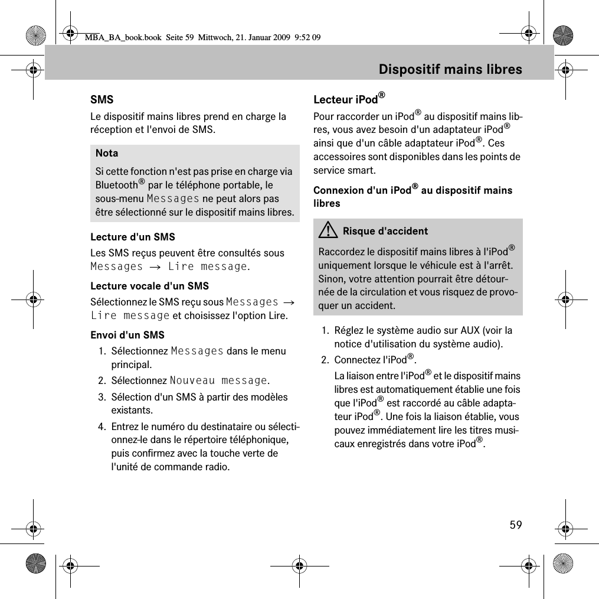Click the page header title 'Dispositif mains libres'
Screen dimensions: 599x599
[450, 69]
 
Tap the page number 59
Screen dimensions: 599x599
[515, 525]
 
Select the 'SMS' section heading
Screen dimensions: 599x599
[102, 100]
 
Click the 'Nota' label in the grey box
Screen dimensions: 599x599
[107, 153]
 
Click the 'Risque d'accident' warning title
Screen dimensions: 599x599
[385, 231]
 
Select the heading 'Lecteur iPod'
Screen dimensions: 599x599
[349, 99]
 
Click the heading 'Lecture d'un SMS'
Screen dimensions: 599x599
[132, 237]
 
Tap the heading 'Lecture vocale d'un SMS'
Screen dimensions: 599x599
[149, 286]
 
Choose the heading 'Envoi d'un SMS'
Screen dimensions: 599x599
[127, 335]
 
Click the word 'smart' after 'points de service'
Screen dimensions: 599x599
[362, 171]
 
